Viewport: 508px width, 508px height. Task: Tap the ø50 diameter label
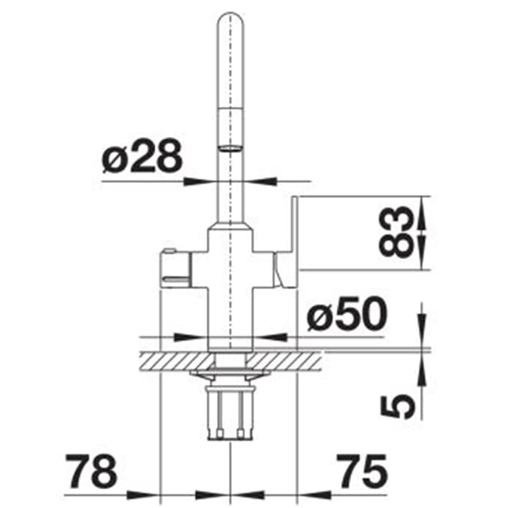coord(346,314)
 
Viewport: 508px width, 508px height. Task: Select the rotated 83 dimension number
coord(396,232)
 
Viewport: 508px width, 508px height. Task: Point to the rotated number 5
coord(397,406)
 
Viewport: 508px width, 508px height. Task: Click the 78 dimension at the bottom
coord(91,470)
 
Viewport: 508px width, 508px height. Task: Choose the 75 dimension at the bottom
coord(362,470)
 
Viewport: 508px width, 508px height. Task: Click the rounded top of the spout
coord(230,21)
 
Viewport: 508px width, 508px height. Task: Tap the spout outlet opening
coord(230,148)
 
